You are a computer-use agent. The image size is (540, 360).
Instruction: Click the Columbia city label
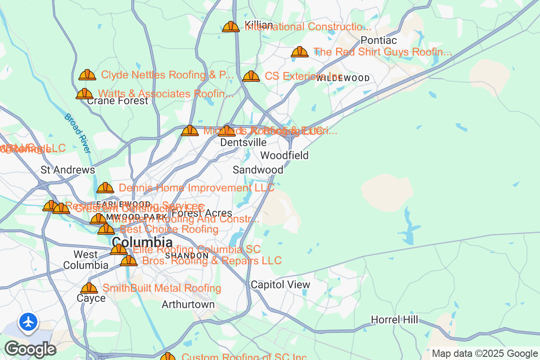[142, 242]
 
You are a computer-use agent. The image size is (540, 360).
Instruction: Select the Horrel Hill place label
[394, 319]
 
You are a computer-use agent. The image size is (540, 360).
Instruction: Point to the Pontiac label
[379, 40]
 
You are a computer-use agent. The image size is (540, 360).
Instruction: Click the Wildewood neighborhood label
[343, 78]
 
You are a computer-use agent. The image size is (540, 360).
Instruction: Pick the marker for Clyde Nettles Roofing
[87, 75]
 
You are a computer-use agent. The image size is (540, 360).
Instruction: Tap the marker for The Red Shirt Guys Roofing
[300, 52]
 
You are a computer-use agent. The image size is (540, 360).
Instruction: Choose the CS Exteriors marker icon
[251, 76]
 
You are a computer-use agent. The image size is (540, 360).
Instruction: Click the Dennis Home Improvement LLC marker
[105, 188]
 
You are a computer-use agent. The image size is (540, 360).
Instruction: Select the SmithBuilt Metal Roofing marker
[89, 288]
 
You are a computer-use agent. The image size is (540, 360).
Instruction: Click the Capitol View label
[280, 284]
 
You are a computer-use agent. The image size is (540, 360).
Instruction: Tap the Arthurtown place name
[188, 305]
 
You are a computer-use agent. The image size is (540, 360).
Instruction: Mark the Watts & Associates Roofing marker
[84, 94]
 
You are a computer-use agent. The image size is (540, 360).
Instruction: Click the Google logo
[30, 349]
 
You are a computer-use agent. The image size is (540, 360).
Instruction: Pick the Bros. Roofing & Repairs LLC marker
[129, 261]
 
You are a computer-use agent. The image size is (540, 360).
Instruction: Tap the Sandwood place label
[258, 170]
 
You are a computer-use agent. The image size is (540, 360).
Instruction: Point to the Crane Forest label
[117, 101]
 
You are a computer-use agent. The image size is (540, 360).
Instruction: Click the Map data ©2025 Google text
[485, 353]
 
